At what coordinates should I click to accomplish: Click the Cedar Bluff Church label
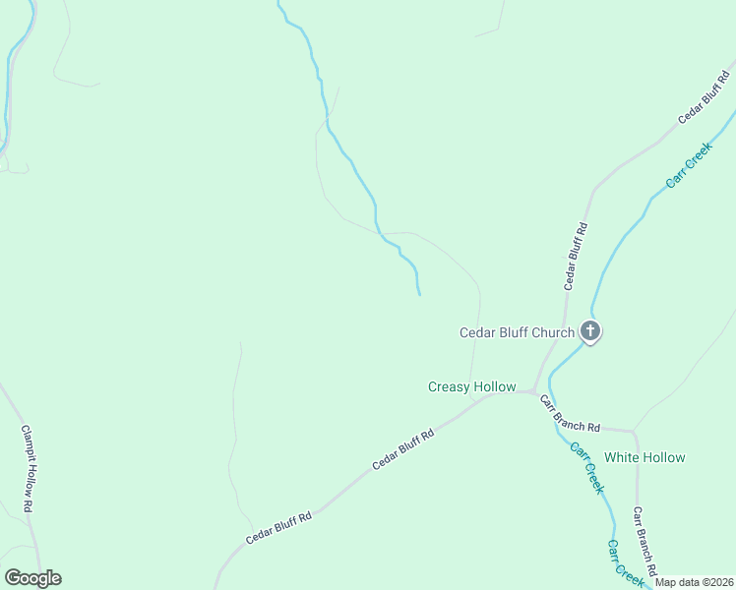tap(517, 332)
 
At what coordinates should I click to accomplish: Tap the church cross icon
tap(590, 330)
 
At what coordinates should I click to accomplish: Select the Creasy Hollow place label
tap(471, 386)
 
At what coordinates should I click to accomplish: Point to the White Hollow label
tap(644, 457)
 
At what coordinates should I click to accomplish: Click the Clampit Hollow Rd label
tap(29, 467)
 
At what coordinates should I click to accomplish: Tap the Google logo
tap(32, 578)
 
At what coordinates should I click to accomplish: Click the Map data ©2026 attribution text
tap(695, 583)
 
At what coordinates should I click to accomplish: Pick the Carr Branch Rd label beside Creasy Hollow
tap(570, 413)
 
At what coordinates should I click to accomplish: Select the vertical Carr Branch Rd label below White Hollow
tap(644, 540)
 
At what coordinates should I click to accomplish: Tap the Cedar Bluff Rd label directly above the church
tap(576, 255)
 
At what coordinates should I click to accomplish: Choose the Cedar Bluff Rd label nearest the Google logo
tap(278, 528)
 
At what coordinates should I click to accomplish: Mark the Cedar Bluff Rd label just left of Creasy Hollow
tap(402, 449)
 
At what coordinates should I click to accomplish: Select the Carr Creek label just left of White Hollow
tap(586, 468)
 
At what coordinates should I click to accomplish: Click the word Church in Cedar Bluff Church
tap(552, 332)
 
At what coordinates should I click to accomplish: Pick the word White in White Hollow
tap(622, 457)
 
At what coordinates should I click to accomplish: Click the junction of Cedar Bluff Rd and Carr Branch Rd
tap(532, 391)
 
